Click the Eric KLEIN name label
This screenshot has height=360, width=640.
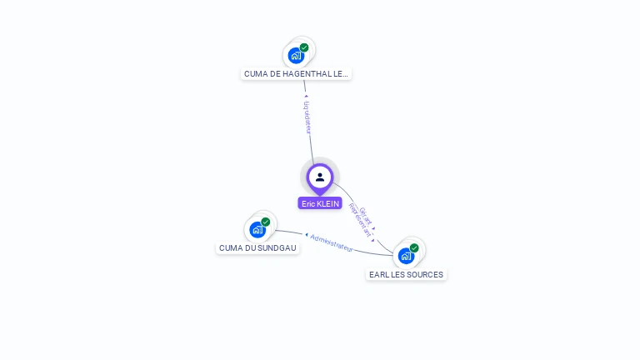pos(320,203)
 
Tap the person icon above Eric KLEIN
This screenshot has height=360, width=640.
pos(320,177)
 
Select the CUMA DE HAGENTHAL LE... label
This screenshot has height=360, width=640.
pos(296,73)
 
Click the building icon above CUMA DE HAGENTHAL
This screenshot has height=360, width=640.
pos(295,56)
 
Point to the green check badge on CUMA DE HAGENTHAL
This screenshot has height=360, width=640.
pos(304,47)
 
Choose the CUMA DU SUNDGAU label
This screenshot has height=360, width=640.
pos(257,247)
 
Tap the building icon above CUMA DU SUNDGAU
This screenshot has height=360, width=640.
pos(257,230)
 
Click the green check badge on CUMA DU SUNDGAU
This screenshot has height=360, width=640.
pos(266,222)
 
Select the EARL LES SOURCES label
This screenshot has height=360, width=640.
pos(407,274)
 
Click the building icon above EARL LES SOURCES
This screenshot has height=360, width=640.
pos(406,256)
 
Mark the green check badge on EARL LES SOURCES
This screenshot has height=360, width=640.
pos(414,247)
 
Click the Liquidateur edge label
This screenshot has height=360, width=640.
pos(307,117)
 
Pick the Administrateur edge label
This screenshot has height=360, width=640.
pos(332,242)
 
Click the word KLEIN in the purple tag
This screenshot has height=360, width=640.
pos(329,203)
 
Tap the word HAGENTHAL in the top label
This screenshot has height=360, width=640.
pos(308,73)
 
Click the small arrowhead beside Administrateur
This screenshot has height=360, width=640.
pos(306,235)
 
